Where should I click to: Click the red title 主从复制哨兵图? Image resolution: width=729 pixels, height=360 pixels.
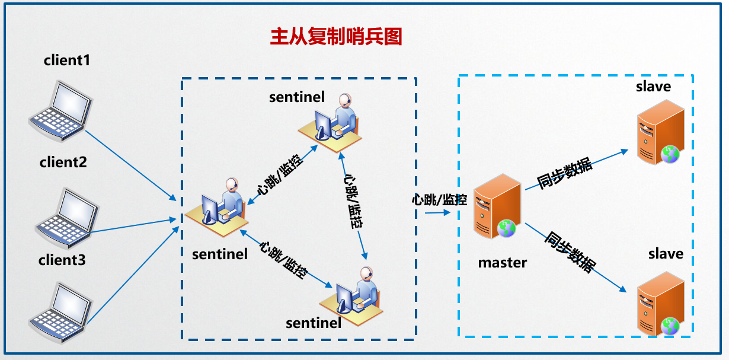(x=336, y=37)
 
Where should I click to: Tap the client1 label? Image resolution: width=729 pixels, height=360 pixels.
(x=67, y=60)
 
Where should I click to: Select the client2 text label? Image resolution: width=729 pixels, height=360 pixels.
(x=63, y=161)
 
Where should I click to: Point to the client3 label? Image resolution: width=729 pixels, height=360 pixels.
(x=62, y=260)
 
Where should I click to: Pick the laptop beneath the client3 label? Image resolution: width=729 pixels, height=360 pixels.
(x=61, y=311)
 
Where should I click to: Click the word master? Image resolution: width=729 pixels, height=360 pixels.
(x=503, y=262)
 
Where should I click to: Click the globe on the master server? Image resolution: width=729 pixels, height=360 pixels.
(x=507, y=228)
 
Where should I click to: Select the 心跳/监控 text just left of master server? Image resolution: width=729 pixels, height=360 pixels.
(x=440, y=199)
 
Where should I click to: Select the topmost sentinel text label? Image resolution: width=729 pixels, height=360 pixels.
(x=297, y=97)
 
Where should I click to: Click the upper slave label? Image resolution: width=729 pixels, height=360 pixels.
(x=653, y=87)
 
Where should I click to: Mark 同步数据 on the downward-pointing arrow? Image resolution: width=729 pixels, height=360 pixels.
(x=569, y=251)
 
